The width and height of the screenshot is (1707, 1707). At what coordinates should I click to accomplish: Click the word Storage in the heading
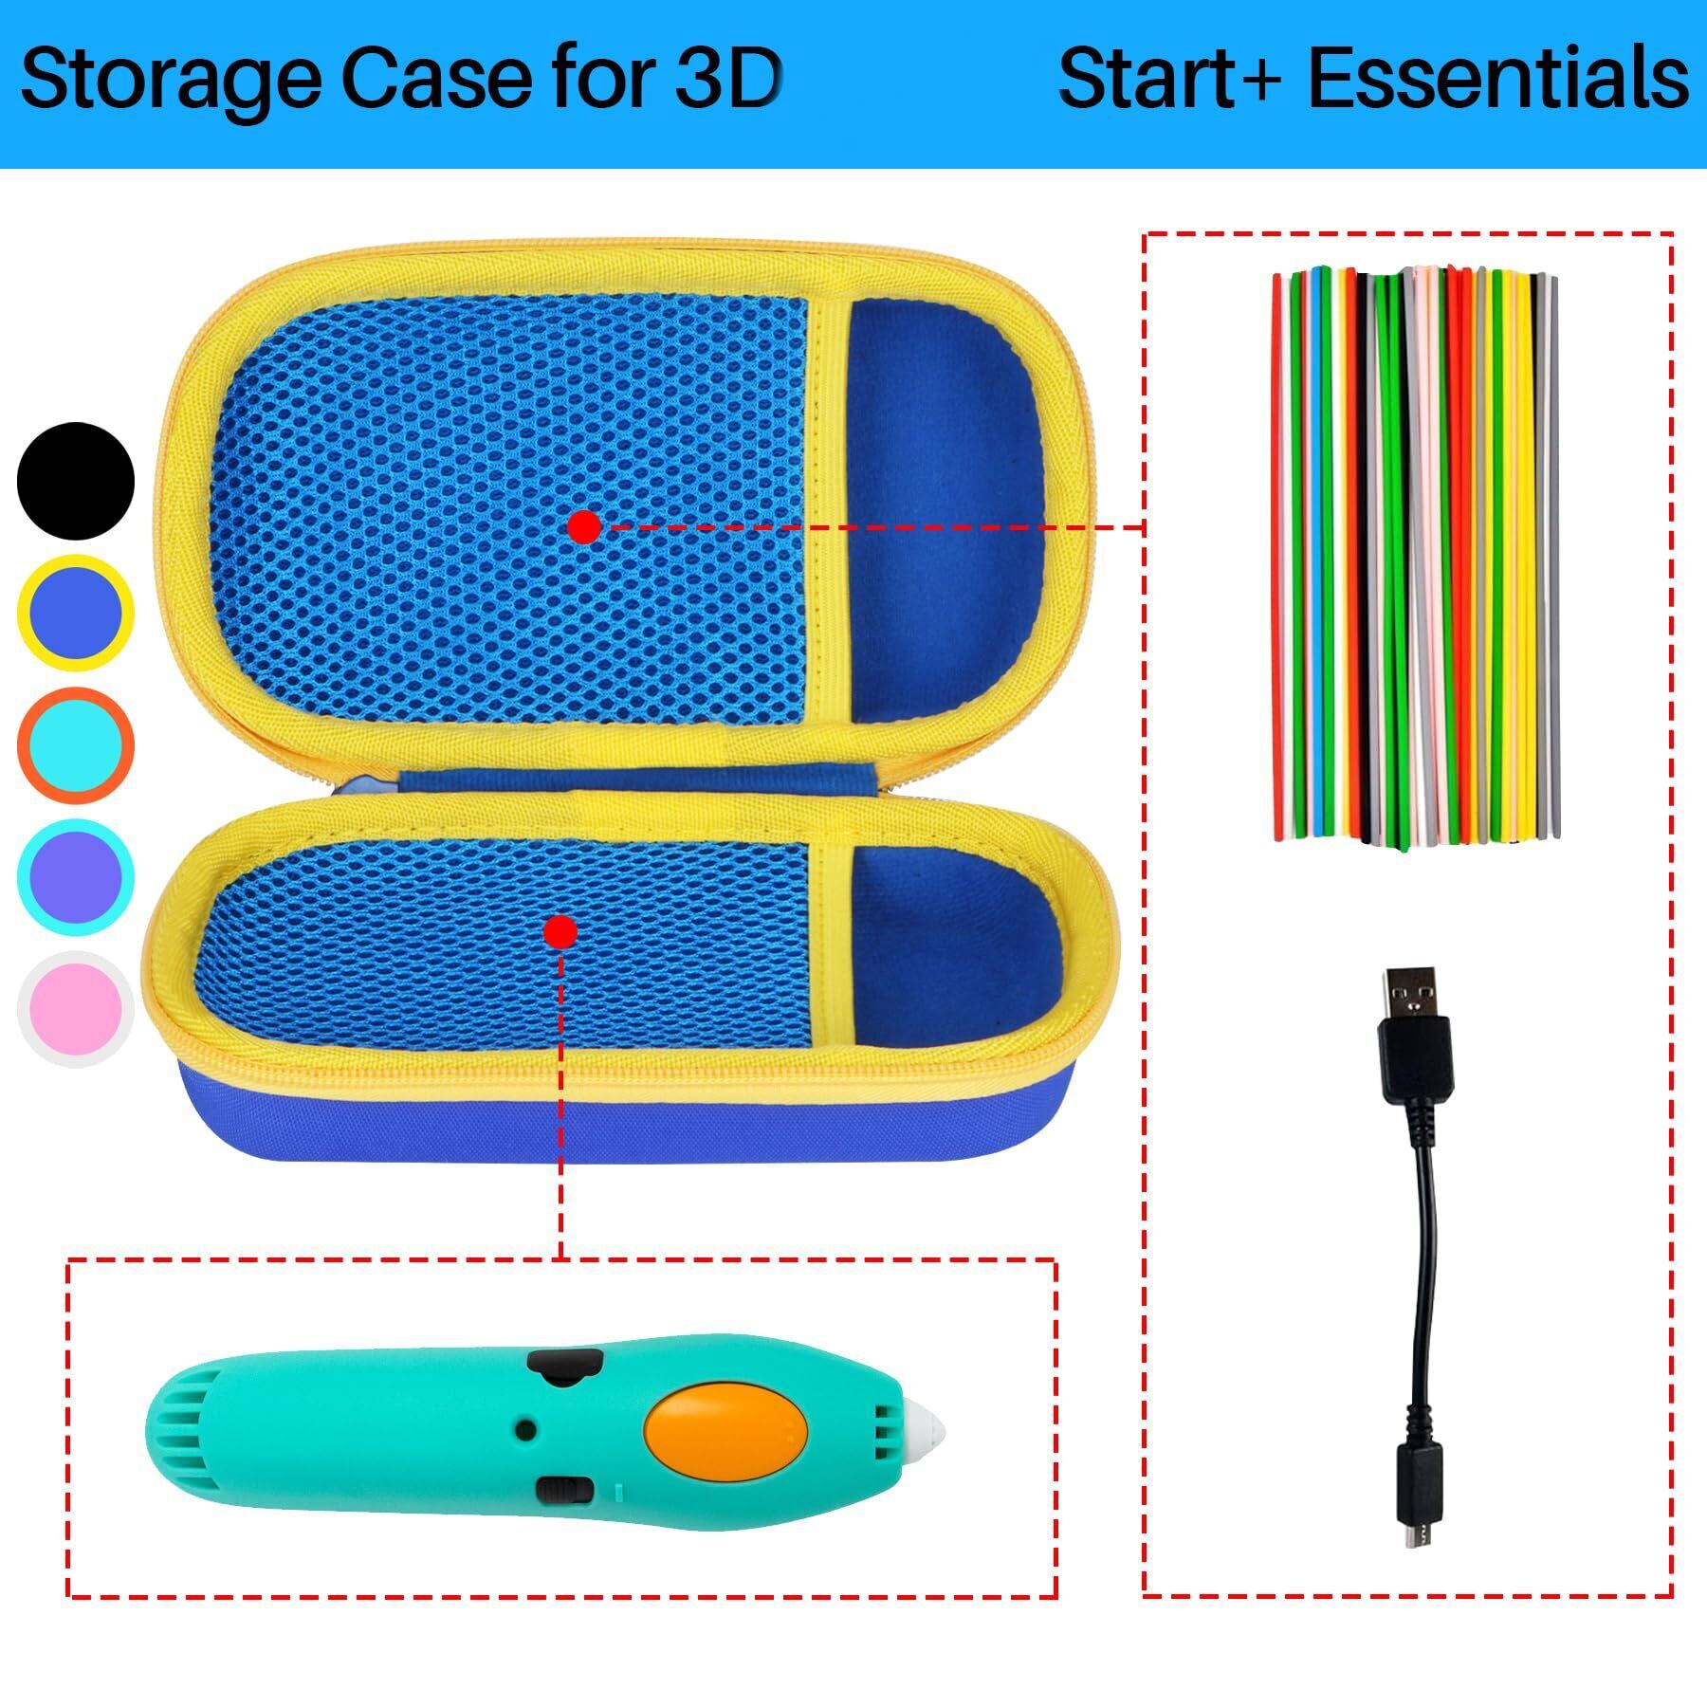pos(171,82)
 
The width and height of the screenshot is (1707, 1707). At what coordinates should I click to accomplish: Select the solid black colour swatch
pos(76,481)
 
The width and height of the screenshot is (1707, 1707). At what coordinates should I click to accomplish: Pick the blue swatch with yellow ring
pos(76,614)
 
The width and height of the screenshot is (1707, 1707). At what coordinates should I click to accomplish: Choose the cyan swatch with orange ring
pos(76,745)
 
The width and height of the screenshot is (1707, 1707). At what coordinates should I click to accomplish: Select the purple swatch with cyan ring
pos(76,877)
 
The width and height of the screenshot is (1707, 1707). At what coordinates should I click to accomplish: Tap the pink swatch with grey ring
pos(76,1008)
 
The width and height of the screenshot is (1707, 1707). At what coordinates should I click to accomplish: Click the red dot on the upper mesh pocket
pos(585,526)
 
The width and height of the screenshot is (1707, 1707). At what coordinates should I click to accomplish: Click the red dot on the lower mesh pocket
pos(560,932)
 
